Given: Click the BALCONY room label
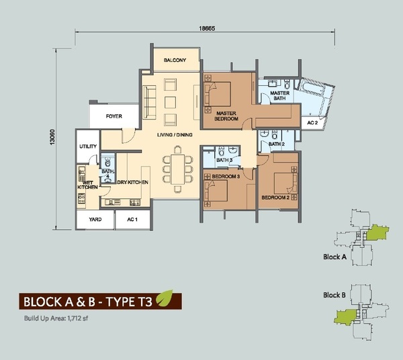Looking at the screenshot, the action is (x=175, y=60).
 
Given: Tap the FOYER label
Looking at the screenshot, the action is (x=114, y=116).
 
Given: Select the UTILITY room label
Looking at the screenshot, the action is (x=88, y=146).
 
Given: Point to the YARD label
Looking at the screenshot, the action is (x=95, y=220).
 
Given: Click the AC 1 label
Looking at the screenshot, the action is (x=132, y=220).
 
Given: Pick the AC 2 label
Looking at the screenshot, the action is (x=312, y=123).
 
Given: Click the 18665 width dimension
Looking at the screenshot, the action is (x=207, y=28).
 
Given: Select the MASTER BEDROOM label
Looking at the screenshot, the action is (x=226, y=116).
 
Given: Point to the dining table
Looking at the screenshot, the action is (x=177, y=169).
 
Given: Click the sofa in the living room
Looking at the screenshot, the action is (x=149, y=102).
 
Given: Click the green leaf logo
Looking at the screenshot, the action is (x=165, y=298).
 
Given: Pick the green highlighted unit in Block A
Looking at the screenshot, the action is (x=377, y=232).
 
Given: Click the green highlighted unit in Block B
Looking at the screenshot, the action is (x=346, y=316).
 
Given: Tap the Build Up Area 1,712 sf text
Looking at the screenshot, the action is (x=56, y=318).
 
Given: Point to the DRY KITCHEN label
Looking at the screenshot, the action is (x=132, y=182).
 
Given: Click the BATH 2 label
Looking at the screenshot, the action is (x=277, y=144).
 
